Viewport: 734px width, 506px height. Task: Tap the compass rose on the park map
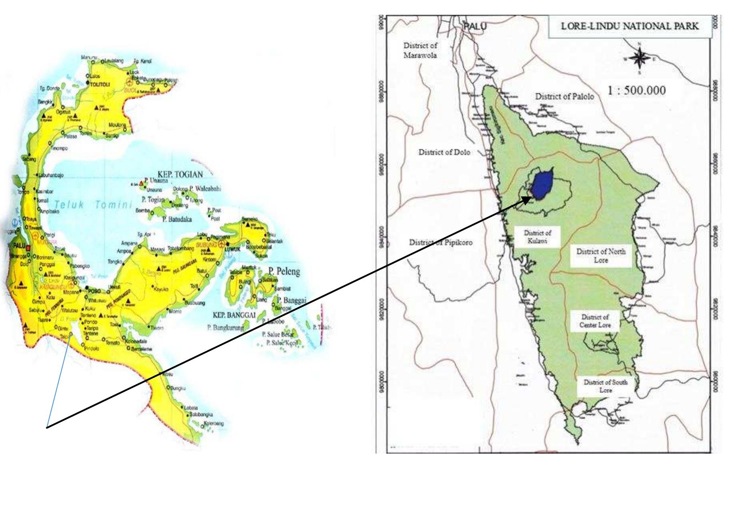pos(640,58)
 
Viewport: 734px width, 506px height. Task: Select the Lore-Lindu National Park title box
pos(630,26)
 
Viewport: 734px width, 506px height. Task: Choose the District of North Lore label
pos(601,256)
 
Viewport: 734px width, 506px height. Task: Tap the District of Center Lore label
pos(595,321)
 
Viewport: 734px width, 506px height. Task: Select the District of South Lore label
pos(605,386)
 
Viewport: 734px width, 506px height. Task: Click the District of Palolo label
pos(565,96)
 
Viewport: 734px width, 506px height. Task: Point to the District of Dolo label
pos(444,152)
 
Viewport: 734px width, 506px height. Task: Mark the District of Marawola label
pos(420,50)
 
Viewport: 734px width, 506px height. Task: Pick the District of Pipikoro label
pos(440,242)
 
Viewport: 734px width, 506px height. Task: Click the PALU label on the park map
pos(475,26)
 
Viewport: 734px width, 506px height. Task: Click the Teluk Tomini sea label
pos(93,205)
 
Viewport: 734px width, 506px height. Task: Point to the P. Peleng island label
pos(284,272)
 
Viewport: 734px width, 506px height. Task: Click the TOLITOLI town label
pos(100,84)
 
